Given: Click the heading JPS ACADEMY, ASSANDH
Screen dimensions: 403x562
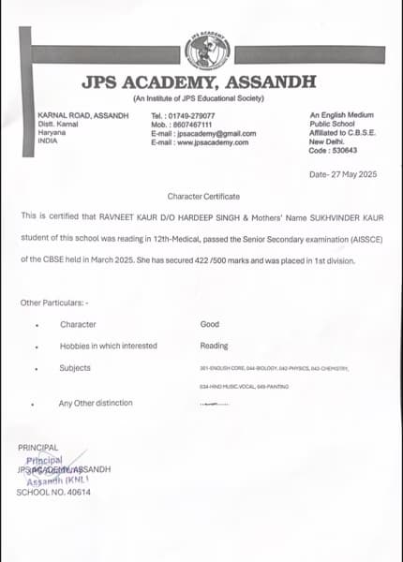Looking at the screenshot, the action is [x=199, y=82].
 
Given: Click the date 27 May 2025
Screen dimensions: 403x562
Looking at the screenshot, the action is [x=351, y=174].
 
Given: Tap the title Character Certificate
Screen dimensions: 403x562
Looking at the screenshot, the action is [x=203, y=196].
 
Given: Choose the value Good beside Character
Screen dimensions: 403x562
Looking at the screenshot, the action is [x=210, y=324].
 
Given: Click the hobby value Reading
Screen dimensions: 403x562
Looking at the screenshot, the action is [x=214, y=346].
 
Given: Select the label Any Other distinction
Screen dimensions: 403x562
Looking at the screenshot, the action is [x=96, y=403].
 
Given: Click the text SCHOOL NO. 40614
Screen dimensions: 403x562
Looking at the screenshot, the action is [x=54, y=492].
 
